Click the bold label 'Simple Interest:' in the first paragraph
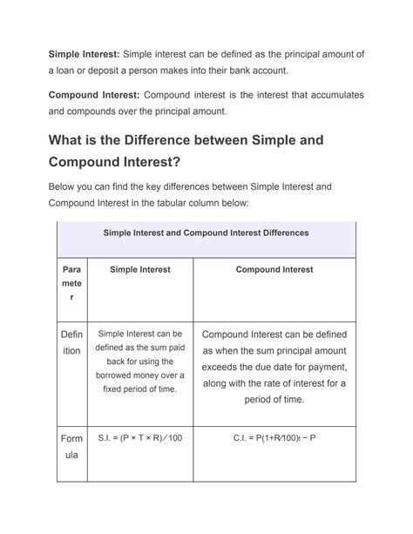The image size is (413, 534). tap(84, 54)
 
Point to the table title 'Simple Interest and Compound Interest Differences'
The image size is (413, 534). tap(206, 233)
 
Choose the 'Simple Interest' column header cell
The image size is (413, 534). tap(140, 270)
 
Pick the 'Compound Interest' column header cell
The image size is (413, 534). tap(274, 270)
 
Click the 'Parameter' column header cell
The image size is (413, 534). tap(71, 284)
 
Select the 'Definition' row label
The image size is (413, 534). tap(71, 342)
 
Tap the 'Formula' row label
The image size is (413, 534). tap(71, 446)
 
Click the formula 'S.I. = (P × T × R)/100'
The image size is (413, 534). tap(140, 437)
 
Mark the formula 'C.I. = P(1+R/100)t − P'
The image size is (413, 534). tap(274, 437)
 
